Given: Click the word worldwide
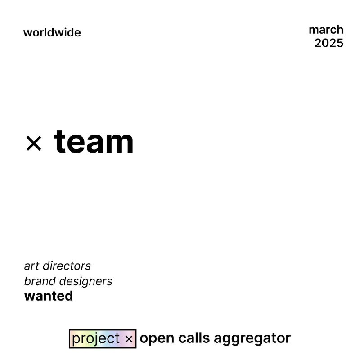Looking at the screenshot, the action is pyautogui.click(x=52, y=32).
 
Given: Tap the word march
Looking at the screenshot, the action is pyautogui.click(x=326, y=30).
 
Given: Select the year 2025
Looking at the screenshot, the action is pyautogui.click(x=329, y=43).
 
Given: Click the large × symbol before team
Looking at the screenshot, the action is pyautogui.click(x=34, y=143).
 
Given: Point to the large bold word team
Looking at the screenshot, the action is pyautogui.click(x=94, y=141).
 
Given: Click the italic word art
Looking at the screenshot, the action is pyautogui.click(x=31, y=266).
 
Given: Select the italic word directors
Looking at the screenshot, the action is pyautogui.click(x=67, y=265).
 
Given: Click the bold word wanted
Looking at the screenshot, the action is pyautogui.click(x=49, y=296).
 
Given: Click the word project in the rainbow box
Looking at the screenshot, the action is pyautogui.click(x=96, y=339).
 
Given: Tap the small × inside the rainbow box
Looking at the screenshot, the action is pyautogui.click(x=129, y=339).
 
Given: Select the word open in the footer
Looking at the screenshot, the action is pyautogui.click(x=157, y=339).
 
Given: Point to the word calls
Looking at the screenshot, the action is pyautogui.click(x=194, y=338).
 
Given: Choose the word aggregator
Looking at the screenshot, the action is pyautogui.click(x=252, y=339).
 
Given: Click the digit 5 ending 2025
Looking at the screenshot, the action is pyautogui.click(x=340, y=43).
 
